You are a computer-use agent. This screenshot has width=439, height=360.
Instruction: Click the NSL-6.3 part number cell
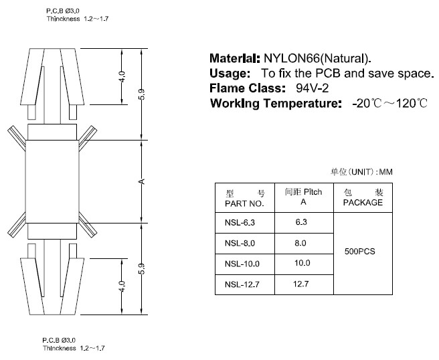point(245,223)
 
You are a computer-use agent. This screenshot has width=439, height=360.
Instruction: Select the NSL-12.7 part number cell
point(245,284)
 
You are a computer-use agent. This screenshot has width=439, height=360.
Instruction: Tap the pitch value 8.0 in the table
point(300,243)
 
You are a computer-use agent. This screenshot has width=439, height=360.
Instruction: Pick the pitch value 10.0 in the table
point(302,263)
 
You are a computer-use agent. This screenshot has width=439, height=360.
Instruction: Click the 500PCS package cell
point(360,252)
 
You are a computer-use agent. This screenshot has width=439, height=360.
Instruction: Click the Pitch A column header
point(304,197)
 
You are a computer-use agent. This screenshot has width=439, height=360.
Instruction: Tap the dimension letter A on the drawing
point(143,182)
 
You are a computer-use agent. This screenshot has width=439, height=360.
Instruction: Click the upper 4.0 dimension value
point(122,77)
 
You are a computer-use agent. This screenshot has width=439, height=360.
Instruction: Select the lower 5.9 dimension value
point(142,269)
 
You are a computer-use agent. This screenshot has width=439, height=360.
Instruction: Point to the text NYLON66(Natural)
point(317,58)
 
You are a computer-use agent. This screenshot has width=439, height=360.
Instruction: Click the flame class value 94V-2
point(312,88)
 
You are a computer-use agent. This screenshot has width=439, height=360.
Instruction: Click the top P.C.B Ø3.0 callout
point(63,11)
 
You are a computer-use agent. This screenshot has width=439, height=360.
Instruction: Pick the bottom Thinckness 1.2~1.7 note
point(74,348)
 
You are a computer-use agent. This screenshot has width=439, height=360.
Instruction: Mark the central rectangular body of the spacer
point(52,182)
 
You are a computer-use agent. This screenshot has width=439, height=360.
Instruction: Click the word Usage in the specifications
point(230,74)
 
